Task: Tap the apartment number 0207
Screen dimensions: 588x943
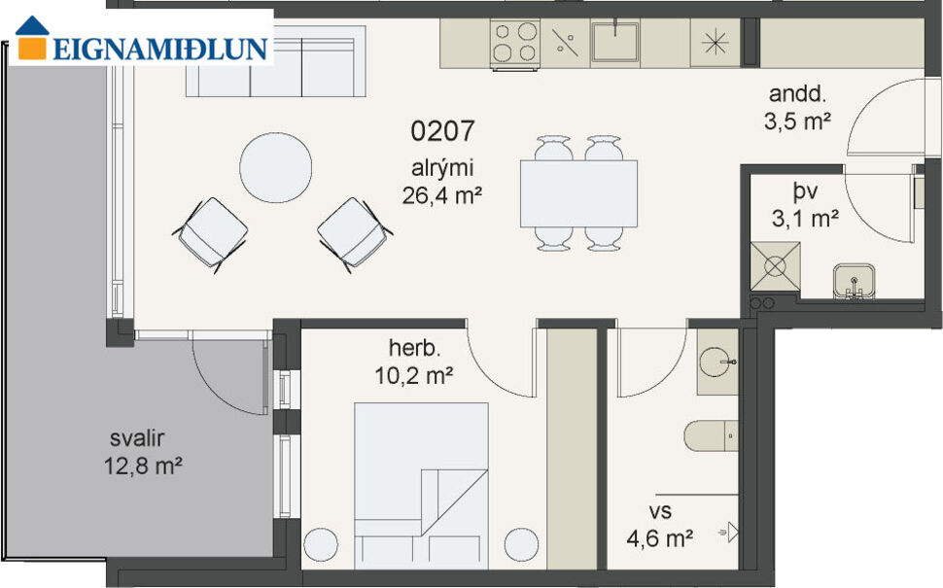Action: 442,131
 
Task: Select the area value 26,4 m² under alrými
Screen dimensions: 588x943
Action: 442,194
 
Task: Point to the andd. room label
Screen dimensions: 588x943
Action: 797,94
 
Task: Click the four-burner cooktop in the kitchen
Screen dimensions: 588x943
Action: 514,43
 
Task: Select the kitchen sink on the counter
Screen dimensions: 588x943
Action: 615,42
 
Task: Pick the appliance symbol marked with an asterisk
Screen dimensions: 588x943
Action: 715,43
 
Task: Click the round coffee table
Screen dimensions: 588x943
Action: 276,167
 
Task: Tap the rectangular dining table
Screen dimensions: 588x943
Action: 578,192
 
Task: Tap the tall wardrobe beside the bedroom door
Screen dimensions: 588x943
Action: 570,447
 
